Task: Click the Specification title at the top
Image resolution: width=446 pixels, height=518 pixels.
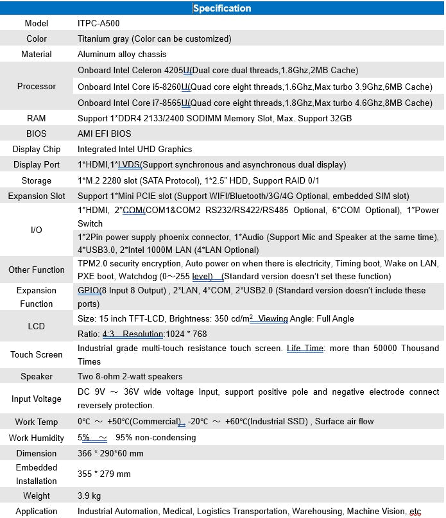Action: coord(222,8)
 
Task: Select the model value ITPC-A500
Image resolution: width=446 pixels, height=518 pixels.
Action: coord(98,23)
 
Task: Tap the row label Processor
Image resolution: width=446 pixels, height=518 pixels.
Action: coord(37,86)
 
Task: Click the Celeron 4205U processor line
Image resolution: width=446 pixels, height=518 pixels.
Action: coord(218,70)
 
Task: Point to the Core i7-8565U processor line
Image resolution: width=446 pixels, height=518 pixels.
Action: coord(255,103)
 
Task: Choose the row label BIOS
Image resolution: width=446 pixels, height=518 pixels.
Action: coord(37,134)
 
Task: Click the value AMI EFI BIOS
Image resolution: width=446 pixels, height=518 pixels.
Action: coord(104,134)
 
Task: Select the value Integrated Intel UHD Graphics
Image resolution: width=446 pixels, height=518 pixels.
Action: coord(135,149)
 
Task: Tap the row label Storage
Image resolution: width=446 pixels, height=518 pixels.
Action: coord(37,180)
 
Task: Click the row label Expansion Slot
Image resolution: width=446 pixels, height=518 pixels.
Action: coord(37,196)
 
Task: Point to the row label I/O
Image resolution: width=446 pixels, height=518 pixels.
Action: coord(37,229)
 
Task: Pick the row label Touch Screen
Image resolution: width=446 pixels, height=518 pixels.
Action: coord(37,354)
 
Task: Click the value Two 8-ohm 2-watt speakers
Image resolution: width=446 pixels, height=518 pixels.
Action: coord(130,376)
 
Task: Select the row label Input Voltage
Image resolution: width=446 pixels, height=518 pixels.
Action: coord(37,399)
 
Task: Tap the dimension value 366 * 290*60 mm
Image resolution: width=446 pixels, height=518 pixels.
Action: coord(110,453)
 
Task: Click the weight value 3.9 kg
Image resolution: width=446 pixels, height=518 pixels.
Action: coord(89,496)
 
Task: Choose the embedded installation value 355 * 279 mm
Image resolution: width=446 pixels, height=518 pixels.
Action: coord(104,474)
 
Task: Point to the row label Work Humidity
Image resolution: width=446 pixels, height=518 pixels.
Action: coord(37,438)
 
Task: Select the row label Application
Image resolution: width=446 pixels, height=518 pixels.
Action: coord(37,511)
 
